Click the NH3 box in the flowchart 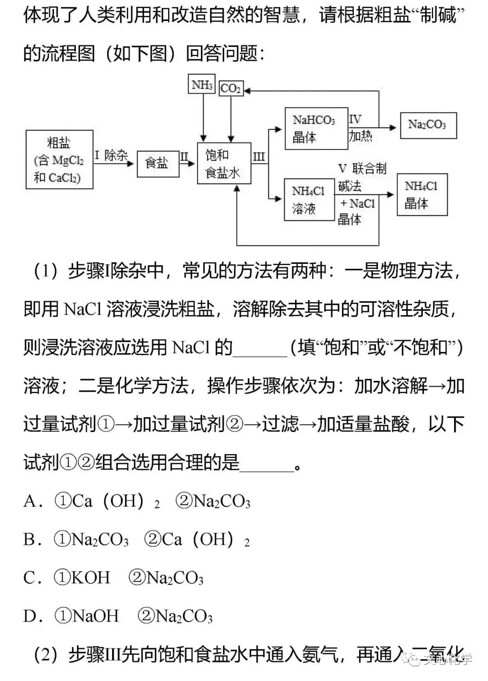point(202,85)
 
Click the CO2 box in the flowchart point(231,89)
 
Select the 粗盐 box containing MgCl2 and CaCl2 point(60,160)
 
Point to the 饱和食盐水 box point(224,163)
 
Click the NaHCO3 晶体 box point(316,128)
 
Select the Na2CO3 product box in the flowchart point(428,125)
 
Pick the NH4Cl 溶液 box point(309,200)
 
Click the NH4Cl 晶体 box point(422,195)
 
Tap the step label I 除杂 point(111,155)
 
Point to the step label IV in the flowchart point(355,119)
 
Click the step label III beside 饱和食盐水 point(258,157)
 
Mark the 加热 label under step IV point(360,135)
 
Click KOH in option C point(91,578)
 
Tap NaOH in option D point(95,616)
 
